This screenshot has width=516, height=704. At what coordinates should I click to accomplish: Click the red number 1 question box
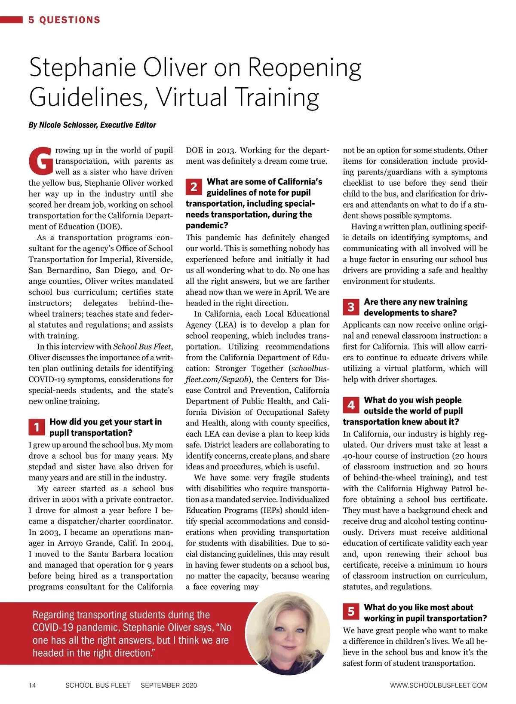click(x=37, y=427)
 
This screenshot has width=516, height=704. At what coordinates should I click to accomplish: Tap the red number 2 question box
click(x=194, y=187)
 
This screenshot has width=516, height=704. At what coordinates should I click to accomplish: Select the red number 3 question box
click(x=351, y=307)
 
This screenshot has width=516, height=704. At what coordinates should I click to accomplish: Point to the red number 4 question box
click(x=351, y=405)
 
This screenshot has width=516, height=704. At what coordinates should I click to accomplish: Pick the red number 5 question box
click(x=351, y=611)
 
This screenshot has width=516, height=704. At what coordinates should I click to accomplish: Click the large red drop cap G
click(x=41, y=162)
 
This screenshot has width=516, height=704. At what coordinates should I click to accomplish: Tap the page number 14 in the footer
click(x=32, y=685)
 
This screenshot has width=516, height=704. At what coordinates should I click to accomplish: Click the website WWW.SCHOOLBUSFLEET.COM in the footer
click(x=439, y=685)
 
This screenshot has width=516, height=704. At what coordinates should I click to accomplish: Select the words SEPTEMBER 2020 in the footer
click(x=169, y=685)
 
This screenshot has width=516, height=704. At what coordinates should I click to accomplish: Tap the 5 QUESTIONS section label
click(x=64, y=20)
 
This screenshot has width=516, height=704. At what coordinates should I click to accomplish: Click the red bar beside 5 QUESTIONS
click(x=11, y=20)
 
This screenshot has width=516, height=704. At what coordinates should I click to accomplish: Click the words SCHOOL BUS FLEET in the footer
click(x=98, y=685)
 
